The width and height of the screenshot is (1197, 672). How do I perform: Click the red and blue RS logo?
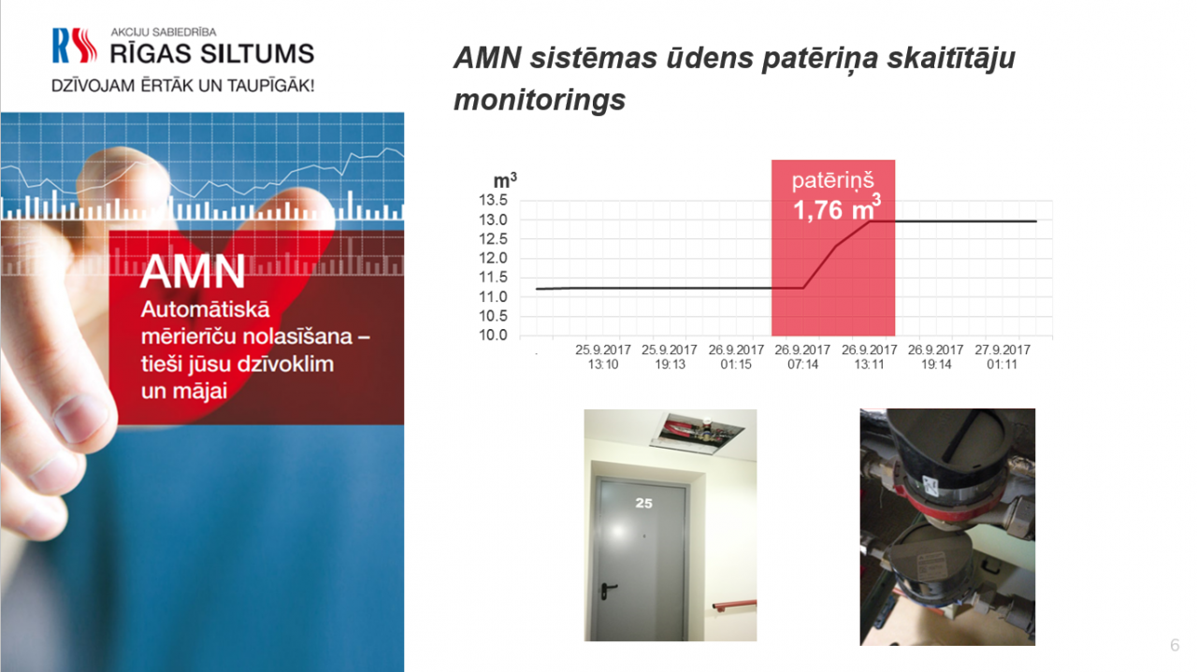click(75, 46)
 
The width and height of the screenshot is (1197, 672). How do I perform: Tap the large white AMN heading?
click(193, 271)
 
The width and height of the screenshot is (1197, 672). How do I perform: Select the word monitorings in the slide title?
click(540, 100)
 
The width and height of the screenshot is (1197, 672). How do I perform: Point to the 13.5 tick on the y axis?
click(493, 200)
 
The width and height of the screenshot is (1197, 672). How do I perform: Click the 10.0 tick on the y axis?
click(493, 335)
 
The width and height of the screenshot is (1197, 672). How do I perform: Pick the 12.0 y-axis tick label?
click(493, 258)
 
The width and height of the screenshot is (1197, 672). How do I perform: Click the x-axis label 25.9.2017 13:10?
click(603, 357)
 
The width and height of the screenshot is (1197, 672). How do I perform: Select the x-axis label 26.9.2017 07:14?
click(802, 357)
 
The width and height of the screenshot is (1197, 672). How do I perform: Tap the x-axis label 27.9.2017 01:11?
click(1002, 357)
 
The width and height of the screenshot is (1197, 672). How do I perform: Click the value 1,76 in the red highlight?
click(817, 210)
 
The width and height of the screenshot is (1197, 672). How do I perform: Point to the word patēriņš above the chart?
click(832, 180)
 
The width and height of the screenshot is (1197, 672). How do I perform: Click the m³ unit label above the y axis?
click(505, 180)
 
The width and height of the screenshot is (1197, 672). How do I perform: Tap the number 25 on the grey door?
click(644, 503)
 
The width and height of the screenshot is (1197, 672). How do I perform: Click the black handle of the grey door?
click(608, 589)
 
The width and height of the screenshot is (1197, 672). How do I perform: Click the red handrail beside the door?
click(735, 606)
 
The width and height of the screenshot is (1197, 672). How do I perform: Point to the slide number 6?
click(1175, 645)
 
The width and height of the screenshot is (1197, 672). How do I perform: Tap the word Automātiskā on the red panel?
click(205, 309)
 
